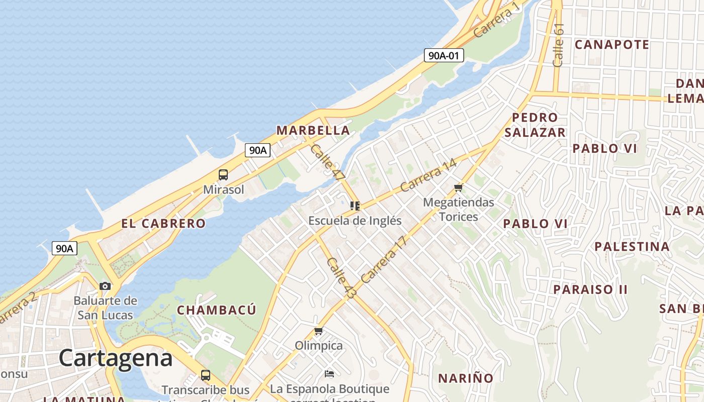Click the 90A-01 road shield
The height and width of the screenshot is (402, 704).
tap(444, 55)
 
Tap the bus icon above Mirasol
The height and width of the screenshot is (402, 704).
tap(223, 175)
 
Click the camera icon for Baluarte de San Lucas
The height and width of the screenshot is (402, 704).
tap(105, 286)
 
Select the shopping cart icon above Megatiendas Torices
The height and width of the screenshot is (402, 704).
tap(458, 188)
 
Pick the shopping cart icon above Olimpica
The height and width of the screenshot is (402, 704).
tap(318, 331)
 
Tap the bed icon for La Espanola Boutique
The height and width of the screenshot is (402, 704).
tap(329, 374)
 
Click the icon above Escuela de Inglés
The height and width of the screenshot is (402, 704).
tap(355, 206)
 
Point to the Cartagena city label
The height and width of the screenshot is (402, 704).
tap(116, 358)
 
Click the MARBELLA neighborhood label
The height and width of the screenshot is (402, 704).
tap(313, 131)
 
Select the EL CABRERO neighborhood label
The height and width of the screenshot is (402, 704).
tap(163, 224)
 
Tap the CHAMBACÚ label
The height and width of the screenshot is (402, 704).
tap(217, 310)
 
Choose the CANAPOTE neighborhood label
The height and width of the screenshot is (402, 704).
tap(612, 45)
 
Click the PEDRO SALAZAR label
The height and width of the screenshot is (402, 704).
tap(535, 125)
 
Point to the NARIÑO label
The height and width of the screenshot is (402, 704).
tap(466, 378)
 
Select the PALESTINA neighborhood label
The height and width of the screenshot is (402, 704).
tap(632, 247)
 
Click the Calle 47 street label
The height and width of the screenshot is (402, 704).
tap(328, 162)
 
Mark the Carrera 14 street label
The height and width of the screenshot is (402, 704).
tap(428, 175)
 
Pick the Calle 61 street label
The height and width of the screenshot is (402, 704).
tap(559, 45)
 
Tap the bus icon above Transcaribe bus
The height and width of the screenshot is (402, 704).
tap(206, 375)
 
